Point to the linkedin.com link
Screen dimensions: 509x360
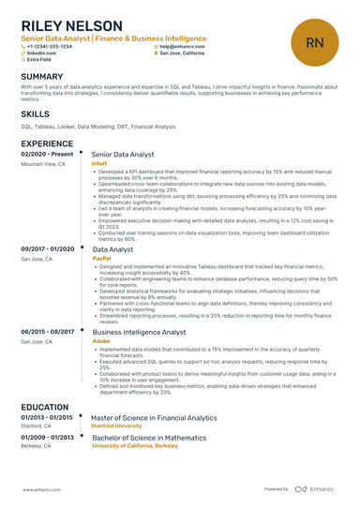[41, 53]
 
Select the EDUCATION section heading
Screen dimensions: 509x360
[45, 408]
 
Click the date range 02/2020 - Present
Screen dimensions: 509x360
[47, 154]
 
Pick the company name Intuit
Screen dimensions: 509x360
[99, 163]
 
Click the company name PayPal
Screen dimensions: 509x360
[101, 258]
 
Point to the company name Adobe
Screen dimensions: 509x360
[100, 342]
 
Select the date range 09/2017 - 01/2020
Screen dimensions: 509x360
[47, 248]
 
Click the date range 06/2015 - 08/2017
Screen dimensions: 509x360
[47, 332]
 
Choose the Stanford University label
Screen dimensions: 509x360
[124, 427]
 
